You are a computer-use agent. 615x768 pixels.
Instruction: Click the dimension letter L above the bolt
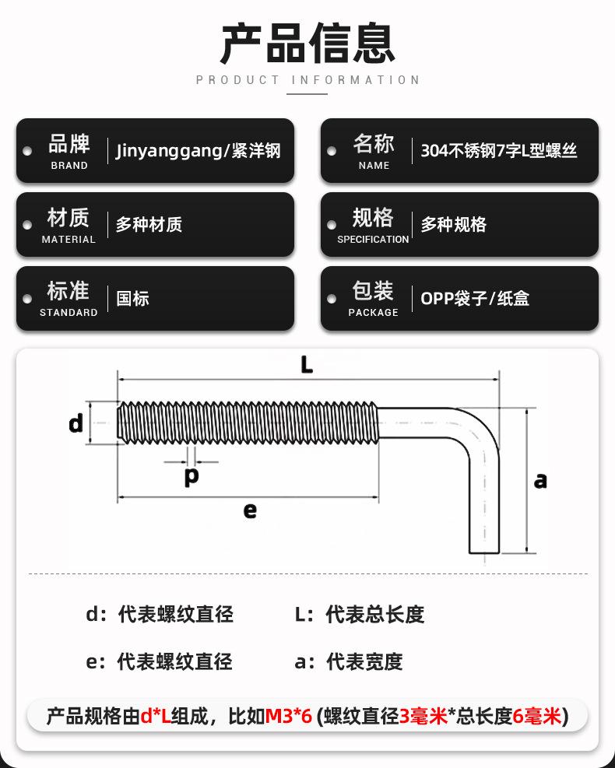(307, 365)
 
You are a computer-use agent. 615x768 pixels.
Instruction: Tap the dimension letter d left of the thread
(76, 423)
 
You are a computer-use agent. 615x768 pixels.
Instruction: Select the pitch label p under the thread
(192, 475)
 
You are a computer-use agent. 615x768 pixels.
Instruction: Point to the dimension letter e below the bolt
(250, 511)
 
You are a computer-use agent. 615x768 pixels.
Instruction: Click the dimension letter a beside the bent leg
(540, 481)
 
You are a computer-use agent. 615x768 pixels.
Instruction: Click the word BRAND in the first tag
(69, 166)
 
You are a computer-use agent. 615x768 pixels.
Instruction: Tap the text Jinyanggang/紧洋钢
(198, 150)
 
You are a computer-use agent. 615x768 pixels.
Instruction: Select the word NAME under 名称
(374, 166)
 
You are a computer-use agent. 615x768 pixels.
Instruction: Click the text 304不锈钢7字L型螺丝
(499, 150)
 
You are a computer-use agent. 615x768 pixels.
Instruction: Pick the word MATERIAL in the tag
(69, 240)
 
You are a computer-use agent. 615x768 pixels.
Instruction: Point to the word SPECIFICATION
(373, 240)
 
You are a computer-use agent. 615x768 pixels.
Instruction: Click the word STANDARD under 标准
(69, 313)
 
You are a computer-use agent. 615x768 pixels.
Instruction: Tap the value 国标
(132, 298)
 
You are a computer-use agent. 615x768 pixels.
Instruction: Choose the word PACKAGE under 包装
(374, 313)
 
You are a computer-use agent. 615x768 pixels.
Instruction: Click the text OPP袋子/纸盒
(475, 298)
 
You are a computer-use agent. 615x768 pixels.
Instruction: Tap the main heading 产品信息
(307, 44)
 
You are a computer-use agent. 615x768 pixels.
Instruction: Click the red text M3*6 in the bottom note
(289, 716)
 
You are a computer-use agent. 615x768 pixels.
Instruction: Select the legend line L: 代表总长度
(360, 614)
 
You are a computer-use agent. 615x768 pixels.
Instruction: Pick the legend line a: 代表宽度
(349, 661)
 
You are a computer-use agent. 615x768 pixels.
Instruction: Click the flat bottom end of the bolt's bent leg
(484, 553)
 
